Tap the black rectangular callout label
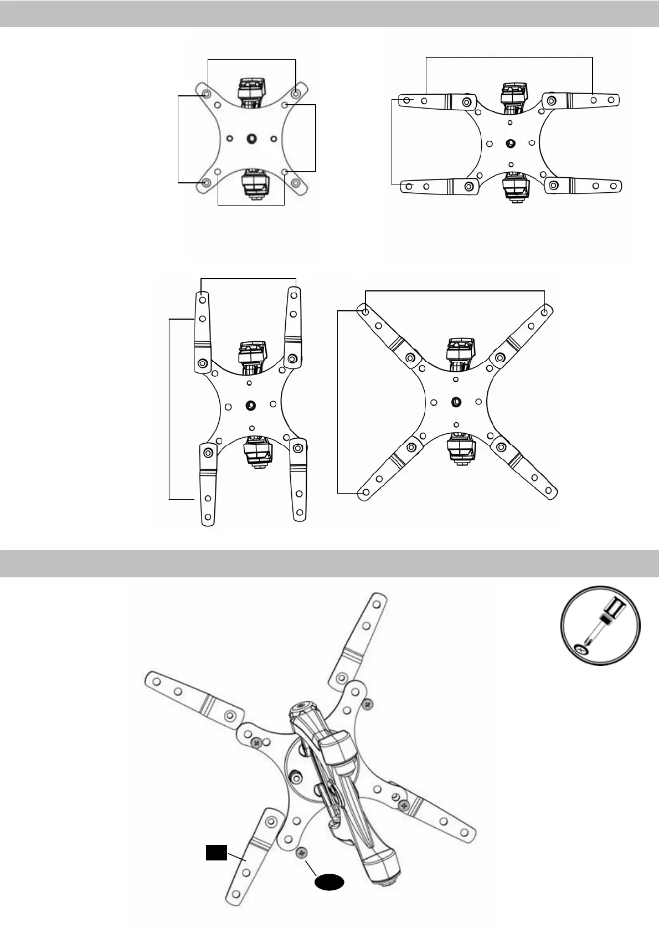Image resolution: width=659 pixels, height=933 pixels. pyautogui.click(x=217, y=853)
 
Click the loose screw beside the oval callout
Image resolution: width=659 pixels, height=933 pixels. pyautogui.click(x=302, y=854)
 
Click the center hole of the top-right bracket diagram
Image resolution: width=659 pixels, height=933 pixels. pyautogui.click(x=511, y=143)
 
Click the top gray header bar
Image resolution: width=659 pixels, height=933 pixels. pyautogui.click(x=329, y=13)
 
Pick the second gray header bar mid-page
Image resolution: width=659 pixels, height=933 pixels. pyautogui.click(x=329, y=563)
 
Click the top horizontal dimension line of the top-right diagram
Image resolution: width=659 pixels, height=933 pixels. pyautogui.click(x=509, y=57)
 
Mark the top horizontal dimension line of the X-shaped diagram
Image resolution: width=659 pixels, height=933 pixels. pyautogui.click(x=456, y=290)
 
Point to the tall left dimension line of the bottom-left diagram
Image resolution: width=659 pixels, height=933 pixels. pyautogui.click(x=169, y=409)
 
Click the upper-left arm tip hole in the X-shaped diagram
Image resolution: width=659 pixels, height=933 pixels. pyautogui.click(x=365, y=312)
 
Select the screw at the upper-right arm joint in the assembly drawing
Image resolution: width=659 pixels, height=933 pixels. pyautogui.click(x=367, y=703)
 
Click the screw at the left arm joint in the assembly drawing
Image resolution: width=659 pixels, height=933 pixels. pyautogui.click(x=256, y=742)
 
